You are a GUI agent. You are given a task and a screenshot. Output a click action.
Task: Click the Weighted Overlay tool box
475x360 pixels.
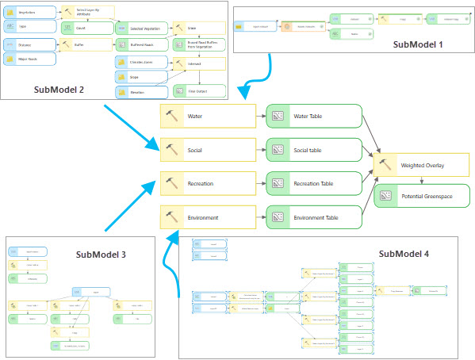pos(420,165)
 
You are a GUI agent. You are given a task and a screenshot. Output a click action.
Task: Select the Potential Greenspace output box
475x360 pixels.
pos(420,195)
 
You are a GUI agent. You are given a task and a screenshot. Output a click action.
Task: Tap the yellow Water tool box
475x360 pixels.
pos(207,116)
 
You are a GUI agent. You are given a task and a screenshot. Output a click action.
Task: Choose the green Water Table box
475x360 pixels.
pos(314,116)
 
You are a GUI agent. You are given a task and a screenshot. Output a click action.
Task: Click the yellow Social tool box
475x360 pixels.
pos(207,149)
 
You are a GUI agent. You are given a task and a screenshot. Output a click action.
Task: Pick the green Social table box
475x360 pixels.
pos(314,149)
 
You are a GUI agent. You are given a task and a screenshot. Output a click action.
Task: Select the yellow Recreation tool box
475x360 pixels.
pos(207,183)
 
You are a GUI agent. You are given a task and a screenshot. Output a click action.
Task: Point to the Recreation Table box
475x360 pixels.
pos(314,183)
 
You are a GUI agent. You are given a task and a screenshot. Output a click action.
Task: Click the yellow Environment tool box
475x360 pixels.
pos(207,216)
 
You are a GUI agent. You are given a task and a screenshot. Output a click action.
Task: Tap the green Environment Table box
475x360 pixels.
pos(314,216)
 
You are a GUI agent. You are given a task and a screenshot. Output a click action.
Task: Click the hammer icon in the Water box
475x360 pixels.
pos(173,116)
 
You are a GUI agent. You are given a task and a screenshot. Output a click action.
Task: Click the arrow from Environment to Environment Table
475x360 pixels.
pos(260,216)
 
